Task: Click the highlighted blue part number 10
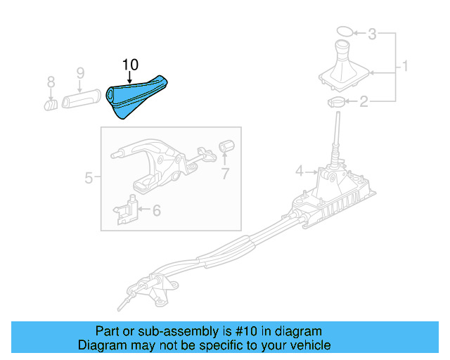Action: [138, 98]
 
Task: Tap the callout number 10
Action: [130, 65]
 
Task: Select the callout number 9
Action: [80, 72]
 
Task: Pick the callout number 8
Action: [51, 84]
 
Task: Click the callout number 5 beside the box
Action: [89, 178]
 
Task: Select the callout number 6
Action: [156, 210]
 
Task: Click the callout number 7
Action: [225, 173]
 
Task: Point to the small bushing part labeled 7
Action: [226, 146]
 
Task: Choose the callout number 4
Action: [300, 171]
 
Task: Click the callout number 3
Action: [373, 33]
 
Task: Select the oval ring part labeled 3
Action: [342, 31]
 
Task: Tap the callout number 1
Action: [406, 67]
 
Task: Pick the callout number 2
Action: [364, 103]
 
